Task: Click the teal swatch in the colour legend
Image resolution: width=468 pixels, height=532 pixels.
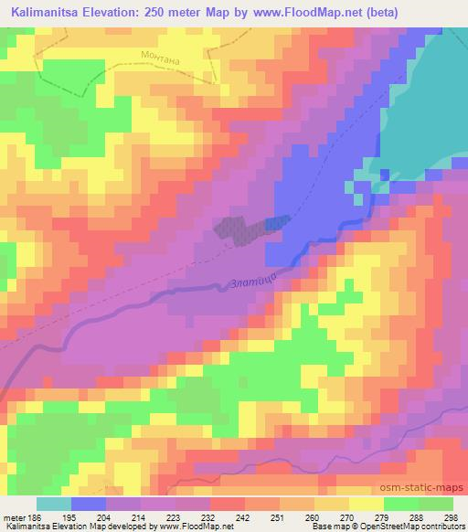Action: [53, 504]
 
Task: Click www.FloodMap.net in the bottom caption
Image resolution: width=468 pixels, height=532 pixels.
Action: [192, 527]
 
